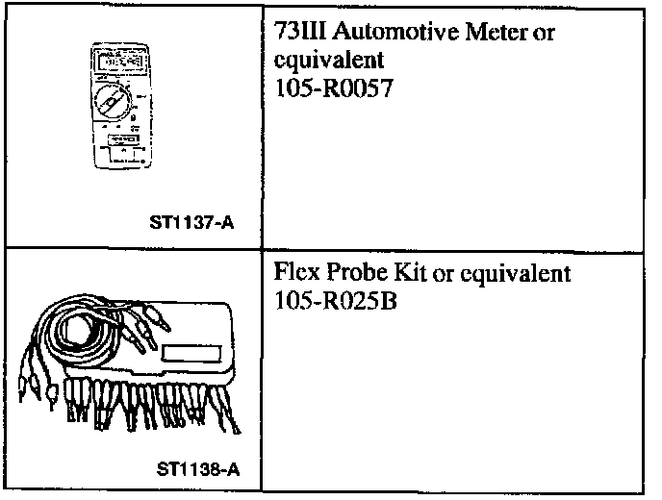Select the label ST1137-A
coord(192,224)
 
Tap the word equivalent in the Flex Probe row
coord(515,274)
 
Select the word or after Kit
coord(444,274)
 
